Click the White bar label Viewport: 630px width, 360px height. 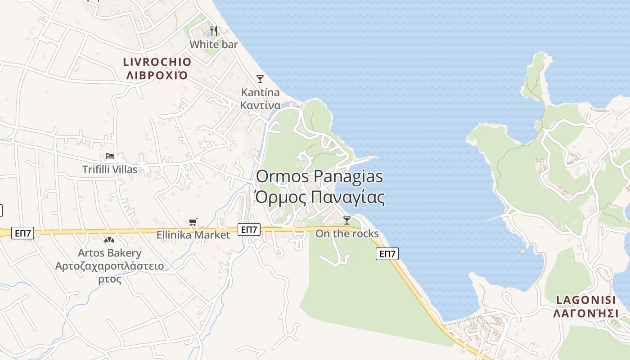pyautogui.click(x=213, y=45)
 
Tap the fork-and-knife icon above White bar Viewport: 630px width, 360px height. pyautogui.click(x=214, y=31)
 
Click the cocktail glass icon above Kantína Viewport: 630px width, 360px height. pyautogui.click(x=260, y=79)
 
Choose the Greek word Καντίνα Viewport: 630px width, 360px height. pyautogui.click(x=260, y=105)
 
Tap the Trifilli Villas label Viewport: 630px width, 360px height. pyautogui.click(x=110, y=170)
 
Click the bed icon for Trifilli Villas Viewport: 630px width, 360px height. pyautogui.click(x=110, y=157)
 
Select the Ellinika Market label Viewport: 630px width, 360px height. pyautogui.click(x=193, y=235)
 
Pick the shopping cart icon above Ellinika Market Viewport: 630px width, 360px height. pyautogui.click(x=193, y=222)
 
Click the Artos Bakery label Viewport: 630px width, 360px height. pyautogui.click(x=109, y=253)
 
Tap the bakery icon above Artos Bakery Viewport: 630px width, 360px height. pyautogui.click(x=109, y=240)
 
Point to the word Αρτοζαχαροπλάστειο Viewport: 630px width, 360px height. pyautogui.click(x=109, y=266)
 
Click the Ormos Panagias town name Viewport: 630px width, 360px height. pyautogui.click(x=319, y=176)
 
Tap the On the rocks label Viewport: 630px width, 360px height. pyautogui.click(x=347, y=234)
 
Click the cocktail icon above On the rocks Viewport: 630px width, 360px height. pyautogui.click(x=347, y=220)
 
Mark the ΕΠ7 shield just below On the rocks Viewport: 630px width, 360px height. pyautogui.click(x=387, y=254)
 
